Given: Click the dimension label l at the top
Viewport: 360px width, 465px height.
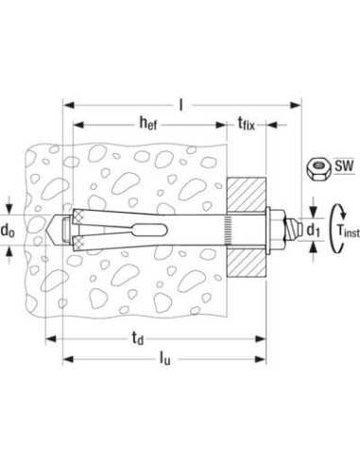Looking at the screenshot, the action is click(180, 105).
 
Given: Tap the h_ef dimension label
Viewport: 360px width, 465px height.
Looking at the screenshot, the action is click(148, 123).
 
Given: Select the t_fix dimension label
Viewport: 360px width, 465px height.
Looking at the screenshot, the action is click(246, 123).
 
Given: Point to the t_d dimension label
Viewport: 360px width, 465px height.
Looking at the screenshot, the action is click(138, 338).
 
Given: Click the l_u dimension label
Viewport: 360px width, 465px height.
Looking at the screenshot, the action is click(164, 358).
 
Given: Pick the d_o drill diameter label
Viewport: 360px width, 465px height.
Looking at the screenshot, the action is click(8, 231).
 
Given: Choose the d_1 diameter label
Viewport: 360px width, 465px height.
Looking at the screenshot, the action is click(313, 231).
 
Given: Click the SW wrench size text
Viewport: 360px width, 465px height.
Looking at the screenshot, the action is click(344, 165).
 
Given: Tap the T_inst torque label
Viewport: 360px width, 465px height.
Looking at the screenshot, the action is click(348, 231).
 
